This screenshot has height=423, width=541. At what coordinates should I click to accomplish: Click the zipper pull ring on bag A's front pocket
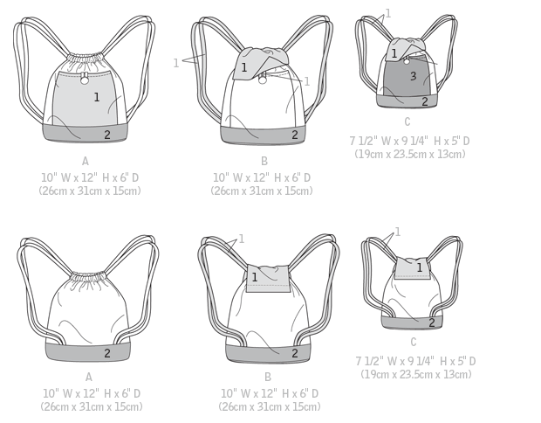click(85, 80)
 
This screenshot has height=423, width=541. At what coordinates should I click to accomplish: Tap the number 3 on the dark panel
click(414, 76)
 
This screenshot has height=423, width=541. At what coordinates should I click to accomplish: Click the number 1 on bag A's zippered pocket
click(97, 97)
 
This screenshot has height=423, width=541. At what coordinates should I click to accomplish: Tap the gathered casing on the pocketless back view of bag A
click(88, 276)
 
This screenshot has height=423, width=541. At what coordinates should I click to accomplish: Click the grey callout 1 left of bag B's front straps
click(176, 63)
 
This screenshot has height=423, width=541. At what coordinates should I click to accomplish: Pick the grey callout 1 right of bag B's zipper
click(307, 81)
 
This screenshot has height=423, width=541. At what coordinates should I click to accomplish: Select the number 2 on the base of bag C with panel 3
click(425, 101)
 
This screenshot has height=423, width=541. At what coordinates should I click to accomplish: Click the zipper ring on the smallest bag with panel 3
click(407, 61)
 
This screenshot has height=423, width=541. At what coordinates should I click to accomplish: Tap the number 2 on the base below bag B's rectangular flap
click(295, 353)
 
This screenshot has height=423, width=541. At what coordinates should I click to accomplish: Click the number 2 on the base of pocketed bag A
click(107, 135)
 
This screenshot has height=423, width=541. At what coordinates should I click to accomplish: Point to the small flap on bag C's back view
click(413, 267)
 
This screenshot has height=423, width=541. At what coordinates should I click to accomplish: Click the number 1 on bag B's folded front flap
click(244, 67)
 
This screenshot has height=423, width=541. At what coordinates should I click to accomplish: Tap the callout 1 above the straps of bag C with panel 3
click(388, 13)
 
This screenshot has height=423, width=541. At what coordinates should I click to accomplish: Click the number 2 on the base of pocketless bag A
click(107, 353)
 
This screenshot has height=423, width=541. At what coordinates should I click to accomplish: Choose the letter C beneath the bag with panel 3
click(407, 121)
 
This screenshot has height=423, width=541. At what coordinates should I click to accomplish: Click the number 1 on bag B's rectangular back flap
click(255, 277)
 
